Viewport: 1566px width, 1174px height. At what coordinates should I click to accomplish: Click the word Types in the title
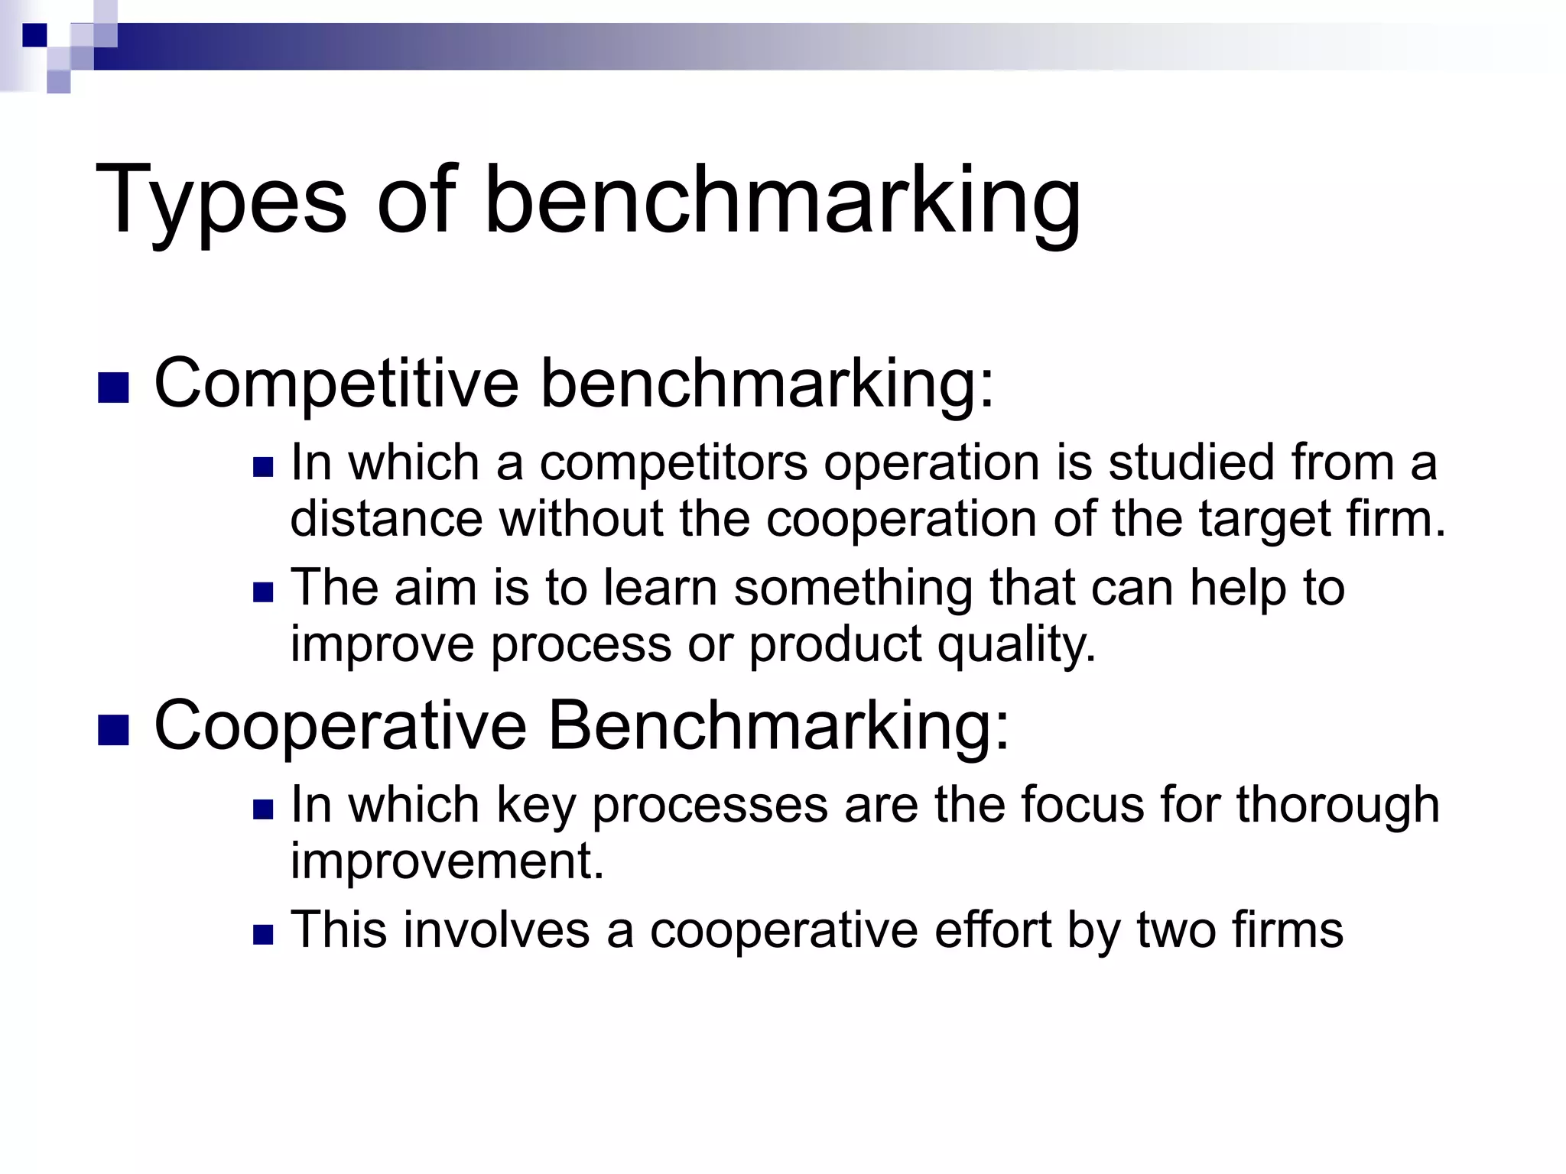[x=222, y=202]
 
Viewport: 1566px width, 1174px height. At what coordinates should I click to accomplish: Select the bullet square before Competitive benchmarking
[x=113, y=388]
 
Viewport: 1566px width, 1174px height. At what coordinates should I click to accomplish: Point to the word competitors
[x=674, y=463]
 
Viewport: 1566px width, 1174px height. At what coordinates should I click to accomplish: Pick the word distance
[x=386, y=519]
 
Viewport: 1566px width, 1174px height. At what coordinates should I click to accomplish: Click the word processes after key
[x=710, y=806]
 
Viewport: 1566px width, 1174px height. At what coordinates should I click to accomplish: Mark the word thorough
[x=1337, y=806]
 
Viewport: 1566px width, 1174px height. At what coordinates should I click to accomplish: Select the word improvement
[x=447, y=861]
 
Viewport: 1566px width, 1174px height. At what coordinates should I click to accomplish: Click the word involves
[x=496, y=930]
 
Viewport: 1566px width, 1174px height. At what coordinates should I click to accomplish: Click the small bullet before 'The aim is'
[x=263, y=592]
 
